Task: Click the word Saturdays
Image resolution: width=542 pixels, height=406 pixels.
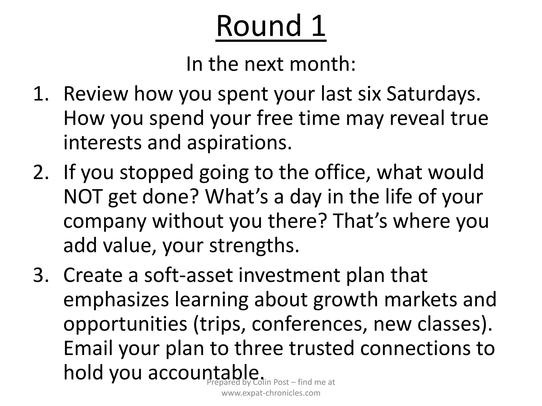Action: pos(433,94)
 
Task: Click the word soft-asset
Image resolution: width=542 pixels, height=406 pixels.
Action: pos(188,275)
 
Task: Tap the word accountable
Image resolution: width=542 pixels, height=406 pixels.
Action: pos(206,373)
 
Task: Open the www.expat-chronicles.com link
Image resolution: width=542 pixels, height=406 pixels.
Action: pos(271,393)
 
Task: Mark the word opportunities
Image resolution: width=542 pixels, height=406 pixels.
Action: pos(125,325)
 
